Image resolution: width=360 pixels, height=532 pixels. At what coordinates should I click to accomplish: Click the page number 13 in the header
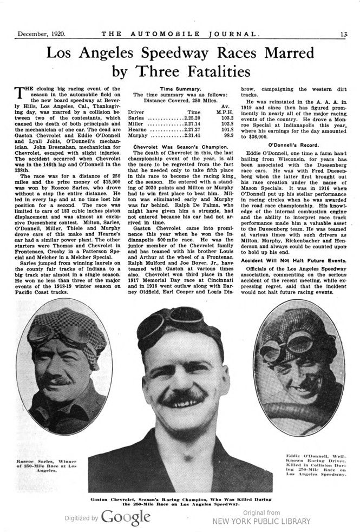point(344,34)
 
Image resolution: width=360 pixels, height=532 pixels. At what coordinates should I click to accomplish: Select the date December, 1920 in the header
point(42,34)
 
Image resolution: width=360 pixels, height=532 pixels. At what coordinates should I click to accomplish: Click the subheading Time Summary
point(180,88)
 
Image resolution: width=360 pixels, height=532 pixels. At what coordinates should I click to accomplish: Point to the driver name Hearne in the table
point(138,131)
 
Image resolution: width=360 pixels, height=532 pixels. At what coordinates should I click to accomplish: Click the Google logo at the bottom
point(125,517)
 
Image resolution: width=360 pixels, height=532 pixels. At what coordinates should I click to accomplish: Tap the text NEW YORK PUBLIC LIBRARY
point(261,521)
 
